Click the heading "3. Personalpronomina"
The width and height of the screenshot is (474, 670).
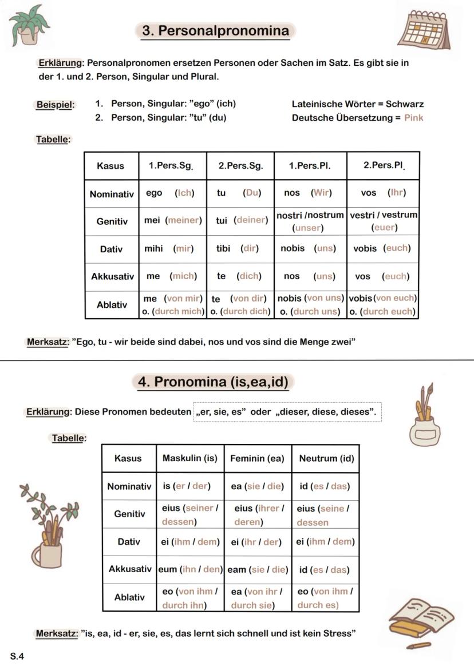pyautogui.click(x=215, y=31)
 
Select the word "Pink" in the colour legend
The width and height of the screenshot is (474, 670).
pyautogui.click(x=413, y=118)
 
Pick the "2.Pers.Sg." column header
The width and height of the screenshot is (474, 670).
pyautogui.click(x=240, y=166)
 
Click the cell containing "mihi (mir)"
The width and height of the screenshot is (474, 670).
pyautogui.click(x=172, y=249)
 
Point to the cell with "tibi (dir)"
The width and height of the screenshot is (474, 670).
pyautogui.click(x=240, y=249)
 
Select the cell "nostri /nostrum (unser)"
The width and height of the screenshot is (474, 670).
pyautogui.click(x=310, y=221)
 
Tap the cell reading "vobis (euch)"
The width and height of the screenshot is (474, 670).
pyautogui.click(x=382, y=249)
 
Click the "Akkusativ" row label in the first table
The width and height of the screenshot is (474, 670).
pyautogui.click(x=112, y=276)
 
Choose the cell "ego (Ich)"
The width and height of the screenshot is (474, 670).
pyautogui.click(x=172, y=193)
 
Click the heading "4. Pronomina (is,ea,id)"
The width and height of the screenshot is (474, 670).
pyautogui.click(x=213, y=382)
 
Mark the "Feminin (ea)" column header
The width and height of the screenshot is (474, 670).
pyautogui.click(x=257, y=458)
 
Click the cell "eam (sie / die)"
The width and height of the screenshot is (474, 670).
pyautogui.click(x=258, y=570)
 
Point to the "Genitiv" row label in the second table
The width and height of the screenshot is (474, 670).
pyautogui.click(x=129, y=514)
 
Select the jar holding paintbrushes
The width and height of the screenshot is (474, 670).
pyautogui.click(x=425, y=416)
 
